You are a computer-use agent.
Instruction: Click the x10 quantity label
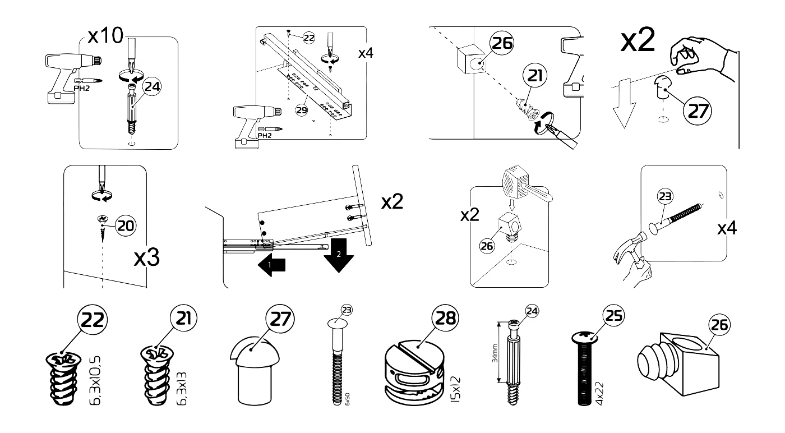[x=105, y=35]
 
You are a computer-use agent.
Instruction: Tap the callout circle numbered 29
[x=302, y=110]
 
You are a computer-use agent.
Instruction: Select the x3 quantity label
[x=147, y=257]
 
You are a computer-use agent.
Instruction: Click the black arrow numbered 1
[x=271, y=265]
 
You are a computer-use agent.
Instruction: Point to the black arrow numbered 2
[x=339, y=255]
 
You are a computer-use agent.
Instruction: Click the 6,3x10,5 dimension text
[x=95, y=380]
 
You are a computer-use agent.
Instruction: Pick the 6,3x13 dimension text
[x=182, y=389]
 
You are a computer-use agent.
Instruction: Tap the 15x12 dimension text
[x=455, y=389]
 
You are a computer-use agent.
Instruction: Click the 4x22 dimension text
[x=599, y=393]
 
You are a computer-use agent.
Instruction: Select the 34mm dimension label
[x=495, y=353]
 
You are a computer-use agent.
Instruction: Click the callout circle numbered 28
[x=445, y=318]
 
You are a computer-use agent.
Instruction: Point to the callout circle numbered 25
[x=613, y=316]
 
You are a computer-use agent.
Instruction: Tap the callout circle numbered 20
[x=126, y=225]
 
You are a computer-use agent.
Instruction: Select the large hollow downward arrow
[x=624, y=103]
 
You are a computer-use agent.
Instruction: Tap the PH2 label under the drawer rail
[x=265, y=135]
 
